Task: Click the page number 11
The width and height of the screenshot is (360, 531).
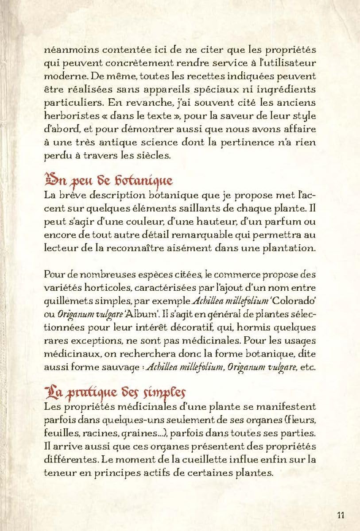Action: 341,515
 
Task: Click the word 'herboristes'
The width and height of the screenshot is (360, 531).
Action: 72,119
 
